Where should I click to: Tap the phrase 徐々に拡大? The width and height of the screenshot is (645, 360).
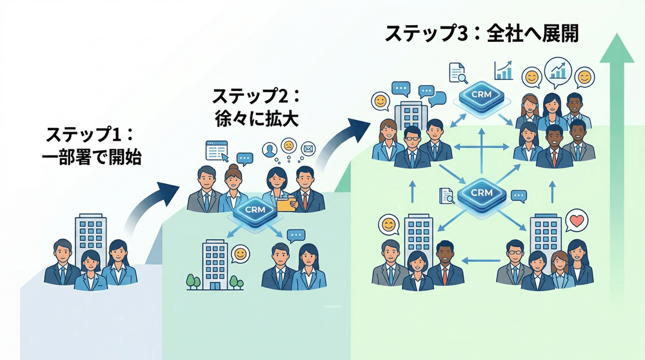256,120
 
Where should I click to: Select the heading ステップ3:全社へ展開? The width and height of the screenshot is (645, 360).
481,34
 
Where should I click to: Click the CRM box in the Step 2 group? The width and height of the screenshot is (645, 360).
248,210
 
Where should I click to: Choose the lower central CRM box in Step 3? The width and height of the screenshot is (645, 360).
482,193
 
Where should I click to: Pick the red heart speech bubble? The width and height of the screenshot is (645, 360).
575,222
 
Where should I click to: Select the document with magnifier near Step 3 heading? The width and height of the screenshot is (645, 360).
458,72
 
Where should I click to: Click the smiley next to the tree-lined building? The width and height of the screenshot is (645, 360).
240,253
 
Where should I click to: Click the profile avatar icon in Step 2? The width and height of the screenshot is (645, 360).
270,150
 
